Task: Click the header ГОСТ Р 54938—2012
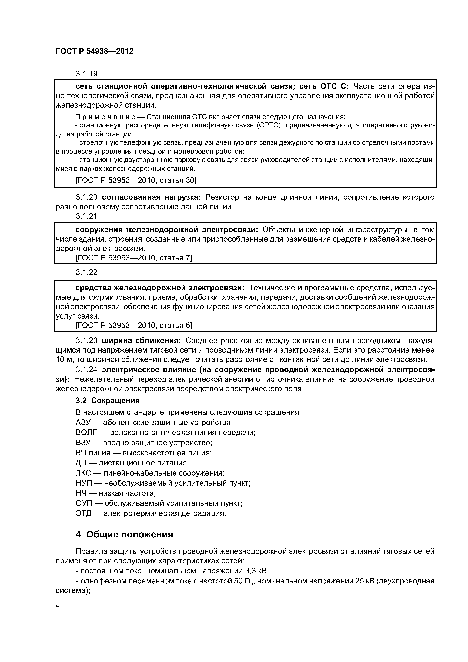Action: point(95,51)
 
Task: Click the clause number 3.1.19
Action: point(86,74)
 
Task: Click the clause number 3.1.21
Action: point(86,216)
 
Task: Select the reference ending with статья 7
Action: point(133,257)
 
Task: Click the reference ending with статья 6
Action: point(133,325)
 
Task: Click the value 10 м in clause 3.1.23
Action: point(64,359)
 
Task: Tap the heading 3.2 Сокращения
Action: point(108,400)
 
